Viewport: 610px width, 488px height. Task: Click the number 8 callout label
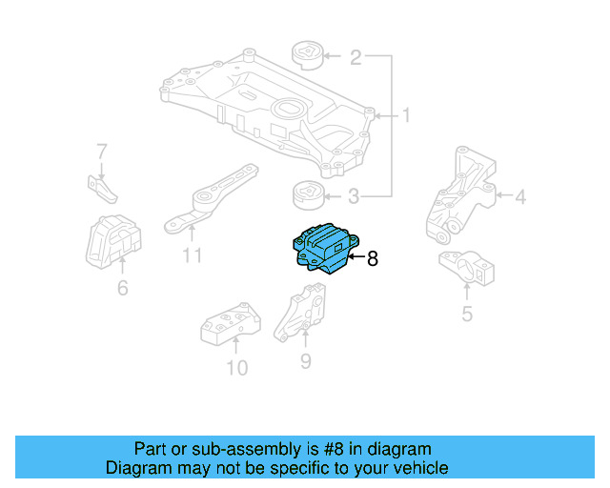pos(373,258)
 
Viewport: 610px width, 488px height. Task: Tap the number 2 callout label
pos(355,58)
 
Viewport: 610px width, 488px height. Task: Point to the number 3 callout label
pos(355,198)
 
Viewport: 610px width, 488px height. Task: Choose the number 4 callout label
pos(519,197)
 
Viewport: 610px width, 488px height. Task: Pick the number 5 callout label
pos(466,313)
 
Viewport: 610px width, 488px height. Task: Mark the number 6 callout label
pos(122,286)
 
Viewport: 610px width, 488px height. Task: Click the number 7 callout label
pos(101,151)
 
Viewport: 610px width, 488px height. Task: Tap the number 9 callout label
pos(305,360)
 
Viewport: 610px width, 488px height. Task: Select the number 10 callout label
pos(236,367)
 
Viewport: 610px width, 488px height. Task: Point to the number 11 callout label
pos(192,254)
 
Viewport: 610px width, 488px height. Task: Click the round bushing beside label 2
pos(307,56)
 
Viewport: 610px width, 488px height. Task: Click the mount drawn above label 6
pos(112,245)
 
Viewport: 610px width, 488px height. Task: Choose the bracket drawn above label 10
pos(229,325)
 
